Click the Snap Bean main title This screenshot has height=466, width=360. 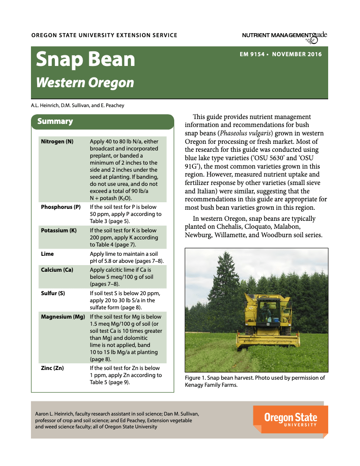(85, 60)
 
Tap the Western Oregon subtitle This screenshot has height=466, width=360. (85, 83)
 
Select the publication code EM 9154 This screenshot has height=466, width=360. (252, 54)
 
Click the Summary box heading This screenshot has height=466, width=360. (55, 121)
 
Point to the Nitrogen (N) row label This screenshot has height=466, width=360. (57, 142)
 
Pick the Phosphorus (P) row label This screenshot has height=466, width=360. (61, 207)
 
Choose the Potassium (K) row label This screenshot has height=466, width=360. (59, 230)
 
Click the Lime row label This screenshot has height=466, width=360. (47, 254)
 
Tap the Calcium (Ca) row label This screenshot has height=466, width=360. (57, 270)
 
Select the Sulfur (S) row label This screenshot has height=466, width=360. (53, 293)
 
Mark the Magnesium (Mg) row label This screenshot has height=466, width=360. (63, 317)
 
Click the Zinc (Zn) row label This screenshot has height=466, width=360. (52, 368)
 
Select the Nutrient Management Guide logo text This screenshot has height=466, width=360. (284, 36)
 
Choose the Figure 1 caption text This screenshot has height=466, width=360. (255, 381)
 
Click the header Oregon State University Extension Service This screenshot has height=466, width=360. (104, 35)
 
